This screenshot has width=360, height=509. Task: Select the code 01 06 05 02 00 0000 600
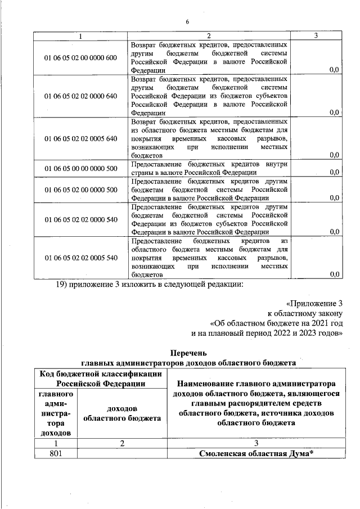(80, 58)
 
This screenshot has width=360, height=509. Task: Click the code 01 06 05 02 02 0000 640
(80, 96)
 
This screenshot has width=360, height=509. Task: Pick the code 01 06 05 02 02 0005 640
(80, 138)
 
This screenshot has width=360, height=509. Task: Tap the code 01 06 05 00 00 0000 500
(80, 168)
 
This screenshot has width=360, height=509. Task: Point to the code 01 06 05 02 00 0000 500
(80, 190)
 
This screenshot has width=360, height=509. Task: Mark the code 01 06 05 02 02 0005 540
(80, 258)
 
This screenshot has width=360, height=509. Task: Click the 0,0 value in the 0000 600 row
(334, 70)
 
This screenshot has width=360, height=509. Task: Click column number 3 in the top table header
(316, 35)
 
